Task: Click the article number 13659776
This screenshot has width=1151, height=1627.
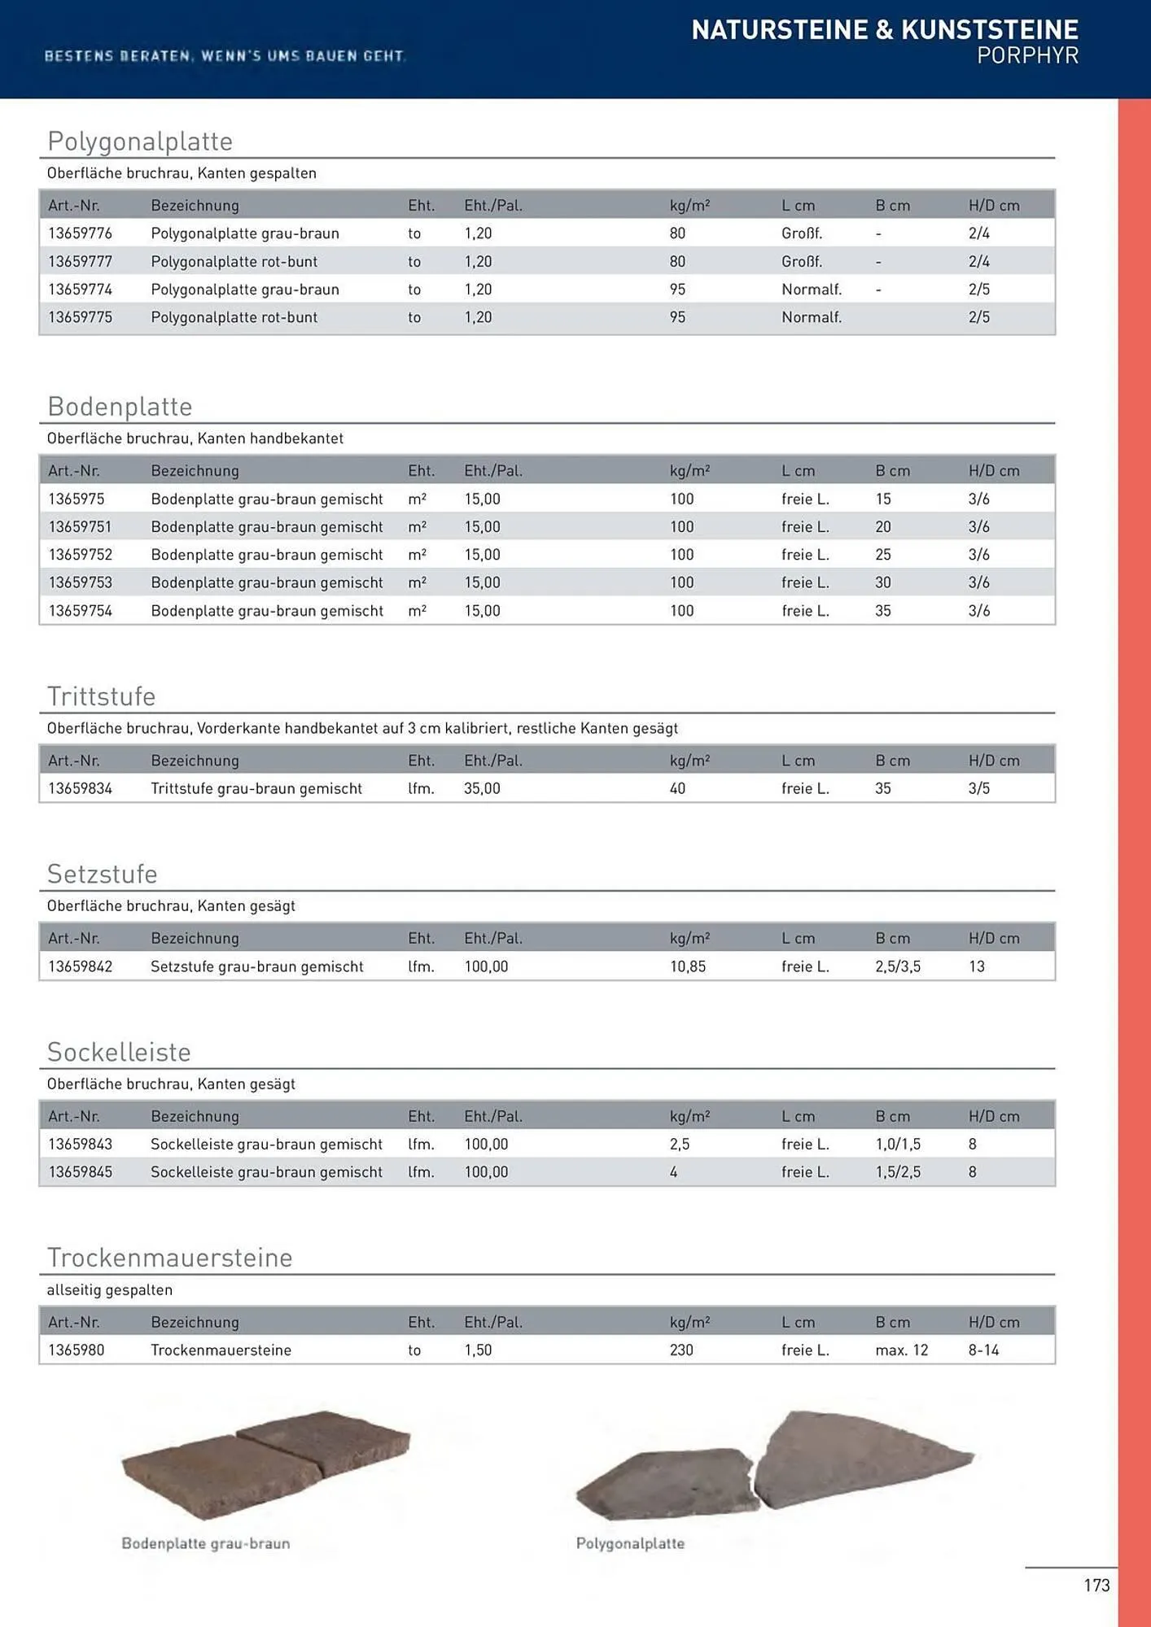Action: [x=80, y=233]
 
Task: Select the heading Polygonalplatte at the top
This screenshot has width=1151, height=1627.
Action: [x=140, y=142]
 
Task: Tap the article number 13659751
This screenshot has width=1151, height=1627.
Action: [x=80, y=527]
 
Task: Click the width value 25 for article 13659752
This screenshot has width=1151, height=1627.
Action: [x=883, y=555]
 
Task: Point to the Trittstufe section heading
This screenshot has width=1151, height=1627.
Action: [x=101, y=696]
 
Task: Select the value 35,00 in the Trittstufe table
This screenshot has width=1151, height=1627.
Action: [x=482, y=788]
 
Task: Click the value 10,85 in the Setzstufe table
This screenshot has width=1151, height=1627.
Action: [x=688, y=966]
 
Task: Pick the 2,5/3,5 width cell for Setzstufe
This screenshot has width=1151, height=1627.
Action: [x=898, y=966]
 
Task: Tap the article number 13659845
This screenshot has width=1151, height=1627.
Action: [x=80, y=1172]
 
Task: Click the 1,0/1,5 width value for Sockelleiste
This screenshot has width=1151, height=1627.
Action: [x=898, y=1145]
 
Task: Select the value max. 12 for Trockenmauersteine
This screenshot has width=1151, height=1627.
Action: [x=901, y=1350]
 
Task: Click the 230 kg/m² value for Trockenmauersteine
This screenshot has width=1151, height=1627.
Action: [x=681, y=1350]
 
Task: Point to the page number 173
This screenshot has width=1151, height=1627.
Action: [x=1096, y=1586]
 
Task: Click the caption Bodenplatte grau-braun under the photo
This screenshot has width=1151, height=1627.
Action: [x=205, y=1544]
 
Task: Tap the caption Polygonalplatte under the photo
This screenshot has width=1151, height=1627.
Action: [x=630, y=1544]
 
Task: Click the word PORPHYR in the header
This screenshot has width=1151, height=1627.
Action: [x=1027, y=56]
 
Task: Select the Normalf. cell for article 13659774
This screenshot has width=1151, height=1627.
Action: [x=811, y=290]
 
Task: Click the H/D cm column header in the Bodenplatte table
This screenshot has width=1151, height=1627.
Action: [x=993, y=471]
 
